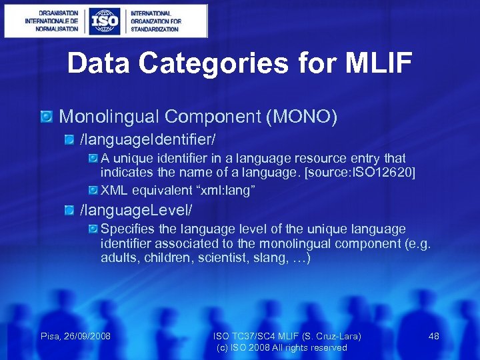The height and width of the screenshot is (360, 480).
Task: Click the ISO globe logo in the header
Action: (x=105, y=21)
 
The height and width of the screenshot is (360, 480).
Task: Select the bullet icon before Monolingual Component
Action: (x=47, y=117)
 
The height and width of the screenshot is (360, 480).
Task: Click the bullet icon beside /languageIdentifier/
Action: (x=70, y=141)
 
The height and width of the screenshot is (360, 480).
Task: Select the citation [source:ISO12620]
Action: (x=358, y=173)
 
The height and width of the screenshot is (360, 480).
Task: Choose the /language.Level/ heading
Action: (x=136, y=211)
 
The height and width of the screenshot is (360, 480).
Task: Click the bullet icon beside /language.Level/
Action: (x=70, y=211)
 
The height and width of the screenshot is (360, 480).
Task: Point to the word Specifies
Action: (x=127, y=229)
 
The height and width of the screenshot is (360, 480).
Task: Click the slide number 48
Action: (x=433, y=336)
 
